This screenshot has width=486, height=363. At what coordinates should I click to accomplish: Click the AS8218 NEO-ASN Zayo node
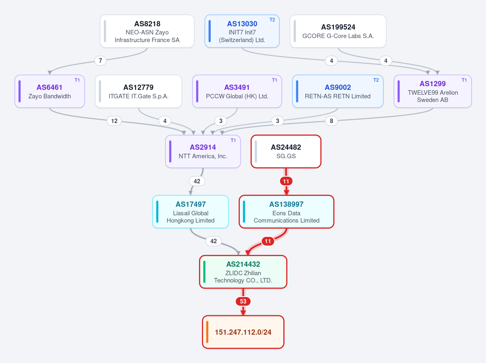[147, 31]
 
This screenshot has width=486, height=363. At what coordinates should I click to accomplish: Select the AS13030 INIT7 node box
[242, 31]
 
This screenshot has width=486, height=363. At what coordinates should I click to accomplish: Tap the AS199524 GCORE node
[338, 31]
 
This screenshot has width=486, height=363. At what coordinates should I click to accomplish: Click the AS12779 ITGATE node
[139, 91]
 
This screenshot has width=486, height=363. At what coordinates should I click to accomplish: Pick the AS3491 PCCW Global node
[237, 91]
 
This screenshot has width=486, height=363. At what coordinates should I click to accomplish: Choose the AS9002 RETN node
[338, 91]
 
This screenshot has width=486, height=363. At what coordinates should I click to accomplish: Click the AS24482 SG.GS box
[286, 152]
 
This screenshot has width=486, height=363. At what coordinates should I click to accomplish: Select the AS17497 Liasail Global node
[191, 212]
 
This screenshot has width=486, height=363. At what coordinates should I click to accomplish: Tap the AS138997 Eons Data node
[287, 212]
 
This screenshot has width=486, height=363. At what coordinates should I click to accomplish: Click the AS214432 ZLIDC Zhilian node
[243, 272]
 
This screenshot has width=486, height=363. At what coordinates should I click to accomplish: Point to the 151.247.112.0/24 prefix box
[243, 332]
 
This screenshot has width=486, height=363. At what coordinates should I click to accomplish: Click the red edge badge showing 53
[243, 301]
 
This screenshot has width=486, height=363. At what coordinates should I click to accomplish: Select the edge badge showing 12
[114, 121]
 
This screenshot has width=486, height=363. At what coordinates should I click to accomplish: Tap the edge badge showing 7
[101, 61]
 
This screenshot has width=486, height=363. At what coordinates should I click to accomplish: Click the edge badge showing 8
[332, 121]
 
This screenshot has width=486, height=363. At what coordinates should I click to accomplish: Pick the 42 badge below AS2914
[197, 181]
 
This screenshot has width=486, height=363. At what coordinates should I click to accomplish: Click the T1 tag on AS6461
[77, 80]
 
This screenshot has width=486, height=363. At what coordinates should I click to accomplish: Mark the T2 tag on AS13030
[272, 20]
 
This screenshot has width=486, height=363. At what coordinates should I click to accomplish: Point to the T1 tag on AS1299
[464, 80]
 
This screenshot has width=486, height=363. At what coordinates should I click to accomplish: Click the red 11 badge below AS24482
[286, 181]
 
